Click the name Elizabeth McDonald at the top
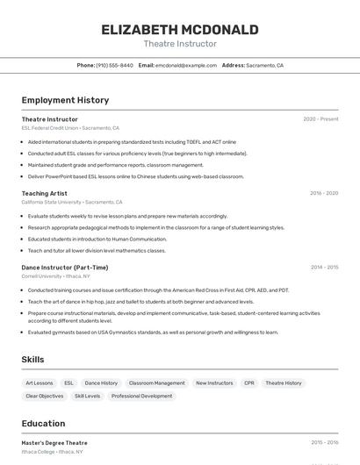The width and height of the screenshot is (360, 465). click(x=180, y=30)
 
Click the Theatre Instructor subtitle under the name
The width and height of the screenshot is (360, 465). click(x=180, y=44)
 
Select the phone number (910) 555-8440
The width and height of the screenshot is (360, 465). click(x=115, y=66)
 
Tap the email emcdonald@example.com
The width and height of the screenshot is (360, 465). click(x=186, y=66)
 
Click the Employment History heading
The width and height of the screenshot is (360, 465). click(x=65, y=100)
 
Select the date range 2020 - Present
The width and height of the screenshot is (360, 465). click(x=320, y=119)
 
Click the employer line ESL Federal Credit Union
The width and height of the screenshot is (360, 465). click(x=70, y=128)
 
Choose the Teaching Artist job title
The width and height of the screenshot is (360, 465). click(x=45, y=193)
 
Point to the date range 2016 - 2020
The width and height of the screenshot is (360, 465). click(x=324, y=193)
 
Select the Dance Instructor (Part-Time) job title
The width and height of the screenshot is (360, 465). click(x=65, y=268)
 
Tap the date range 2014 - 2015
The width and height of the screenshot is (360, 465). click(x=324, y=268)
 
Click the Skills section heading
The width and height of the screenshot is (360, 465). click(x=32, y=360)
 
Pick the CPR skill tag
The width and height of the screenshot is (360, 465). click(x=249, y=383)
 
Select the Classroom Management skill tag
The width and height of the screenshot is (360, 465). click(x=156, y=383)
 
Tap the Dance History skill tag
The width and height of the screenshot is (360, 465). click(x=101, y=383)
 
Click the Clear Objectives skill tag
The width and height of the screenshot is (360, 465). click(x=45, y=397)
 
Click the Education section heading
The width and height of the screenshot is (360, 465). click(x=43, y=423)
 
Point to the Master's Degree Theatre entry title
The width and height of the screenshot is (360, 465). click(x=54, y=443)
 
